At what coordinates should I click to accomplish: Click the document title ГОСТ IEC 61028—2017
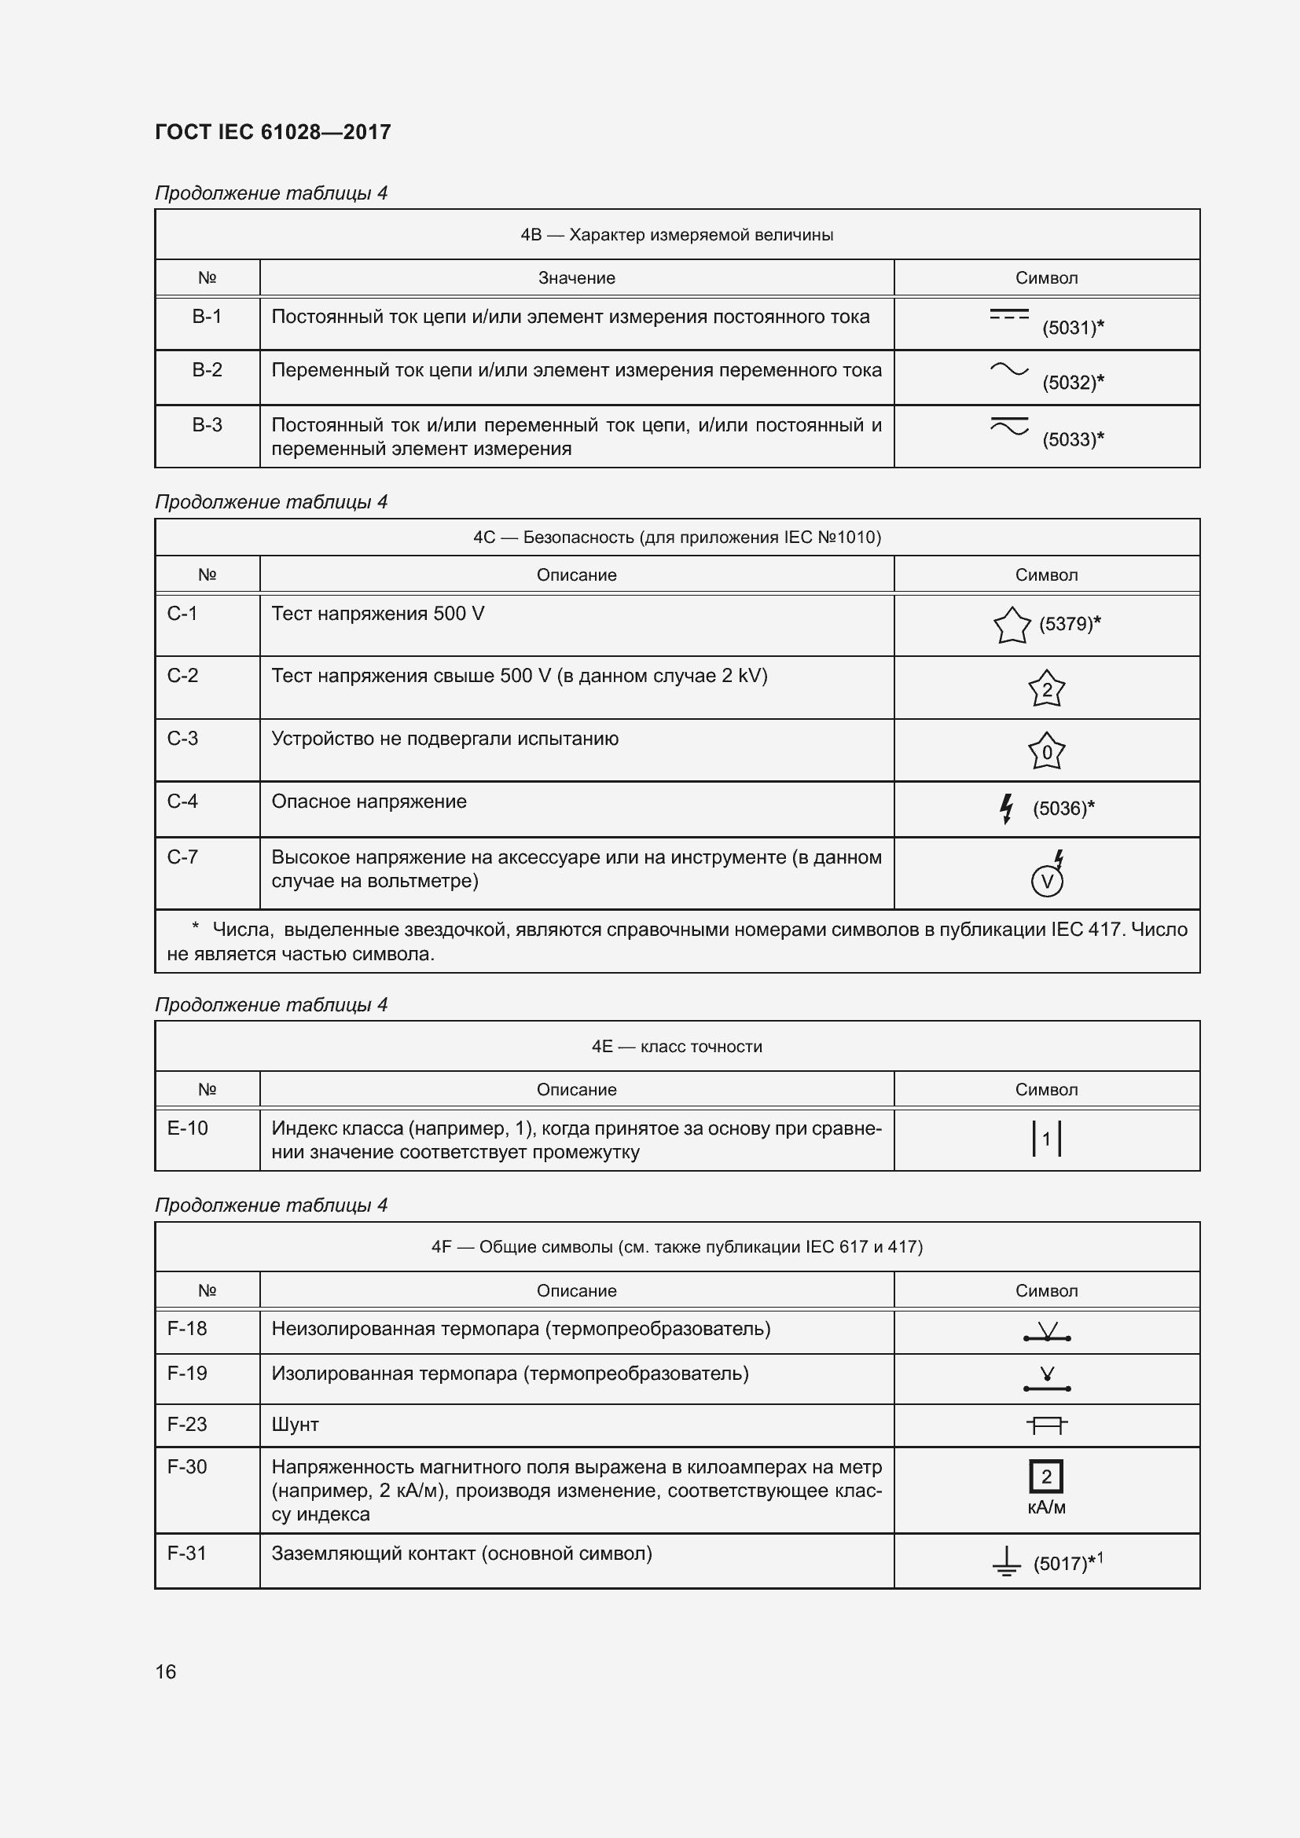(x=272, y=132)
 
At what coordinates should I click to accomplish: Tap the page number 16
(x=166, y=1671)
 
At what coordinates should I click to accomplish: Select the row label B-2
(x=207, y=370)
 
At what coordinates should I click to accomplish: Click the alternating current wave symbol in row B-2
(x=1008, y=369)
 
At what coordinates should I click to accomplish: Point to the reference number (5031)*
(x=1073, y=328)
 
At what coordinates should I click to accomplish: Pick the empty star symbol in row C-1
(x=1011, y=626)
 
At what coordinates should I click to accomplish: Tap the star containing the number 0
(x=1046, y=752)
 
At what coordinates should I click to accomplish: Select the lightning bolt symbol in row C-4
(x=1006, y=809)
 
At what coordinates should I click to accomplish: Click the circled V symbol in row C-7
(x=1046, y=882)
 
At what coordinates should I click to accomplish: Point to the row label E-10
(x=187, y=1128)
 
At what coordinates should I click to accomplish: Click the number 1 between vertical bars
(x=1046, y=1139)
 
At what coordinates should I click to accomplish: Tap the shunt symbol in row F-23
(x=1046, y=1425)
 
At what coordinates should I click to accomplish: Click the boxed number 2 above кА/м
(x=1046, y=1477)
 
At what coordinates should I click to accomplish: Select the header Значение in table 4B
(x=576, y=277)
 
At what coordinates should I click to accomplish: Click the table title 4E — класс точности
(x=677, y=1046)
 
